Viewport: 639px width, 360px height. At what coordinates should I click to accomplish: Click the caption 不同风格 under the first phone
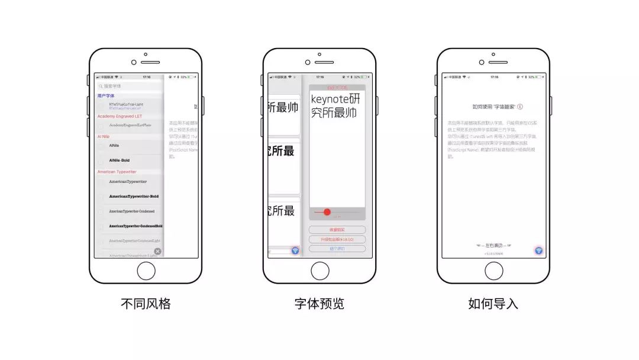coord(146,304)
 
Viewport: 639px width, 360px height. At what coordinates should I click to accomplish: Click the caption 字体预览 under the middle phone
coord(319,304)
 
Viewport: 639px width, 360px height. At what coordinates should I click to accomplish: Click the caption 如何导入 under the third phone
coord(493,304)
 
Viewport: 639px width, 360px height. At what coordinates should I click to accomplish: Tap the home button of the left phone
coord(146,271)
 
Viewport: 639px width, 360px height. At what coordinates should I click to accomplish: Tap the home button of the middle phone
coord(320,271)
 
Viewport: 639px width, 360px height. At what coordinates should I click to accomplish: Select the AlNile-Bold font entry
coord(120,160)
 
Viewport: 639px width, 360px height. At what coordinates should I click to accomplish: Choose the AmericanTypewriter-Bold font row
coord(134,197)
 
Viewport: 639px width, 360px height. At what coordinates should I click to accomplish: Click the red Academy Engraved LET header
coord(120,117)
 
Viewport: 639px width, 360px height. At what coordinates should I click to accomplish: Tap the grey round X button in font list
coord(157,251)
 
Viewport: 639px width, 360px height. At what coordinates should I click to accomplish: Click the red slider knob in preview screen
coord(327,212)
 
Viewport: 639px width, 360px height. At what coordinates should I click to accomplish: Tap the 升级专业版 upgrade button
coord(337,239)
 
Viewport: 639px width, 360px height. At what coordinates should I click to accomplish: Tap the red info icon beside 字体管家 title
coord(520,107)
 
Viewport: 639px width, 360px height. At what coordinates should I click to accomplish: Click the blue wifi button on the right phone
coord(538,250)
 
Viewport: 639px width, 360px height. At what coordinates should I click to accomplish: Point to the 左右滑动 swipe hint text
coord(493,245)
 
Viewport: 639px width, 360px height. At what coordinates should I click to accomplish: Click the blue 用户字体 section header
coord(106,95)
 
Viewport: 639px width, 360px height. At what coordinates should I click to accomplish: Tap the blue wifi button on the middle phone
coord(295,251)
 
